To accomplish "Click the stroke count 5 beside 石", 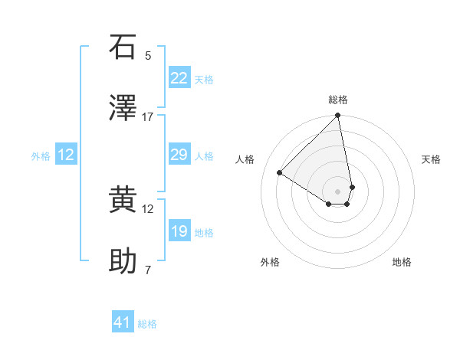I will tap(148, 56).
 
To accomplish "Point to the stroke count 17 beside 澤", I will tap(148, 117).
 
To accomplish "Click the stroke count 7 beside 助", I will tap(148, 270).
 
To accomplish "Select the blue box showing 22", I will tap(179, 78).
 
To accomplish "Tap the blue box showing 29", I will tap(179, 155).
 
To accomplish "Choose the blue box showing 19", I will tap(179, 231).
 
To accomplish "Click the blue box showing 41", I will tap(123, 322).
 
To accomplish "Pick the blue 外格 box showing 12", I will tap(66, 155).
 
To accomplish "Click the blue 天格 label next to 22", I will tap(204, 80).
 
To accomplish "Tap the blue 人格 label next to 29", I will tap(204, 156).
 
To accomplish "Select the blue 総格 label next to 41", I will tap(147, 324).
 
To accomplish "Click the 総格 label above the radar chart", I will tap(338, 100).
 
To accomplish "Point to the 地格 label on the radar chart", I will tap(402, 262).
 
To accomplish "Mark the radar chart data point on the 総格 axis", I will tap(338, 116).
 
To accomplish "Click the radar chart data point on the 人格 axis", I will tap(280, 173).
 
